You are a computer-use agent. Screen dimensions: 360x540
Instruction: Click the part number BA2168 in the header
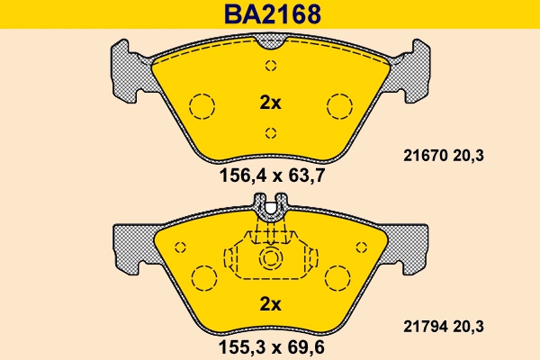click(270, 14)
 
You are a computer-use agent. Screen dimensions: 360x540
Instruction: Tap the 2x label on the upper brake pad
click(270, 103)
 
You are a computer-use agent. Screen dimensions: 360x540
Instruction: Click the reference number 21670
click(418, 156)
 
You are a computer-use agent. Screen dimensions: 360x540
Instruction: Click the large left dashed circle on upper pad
click(202, 106)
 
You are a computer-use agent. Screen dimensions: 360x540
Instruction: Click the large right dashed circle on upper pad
click(340, 106)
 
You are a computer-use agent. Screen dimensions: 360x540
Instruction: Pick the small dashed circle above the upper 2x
click(271, 65)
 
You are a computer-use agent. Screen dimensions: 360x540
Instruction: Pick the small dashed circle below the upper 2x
click(271, 133)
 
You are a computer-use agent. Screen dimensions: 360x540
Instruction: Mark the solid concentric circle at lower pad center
click(271, 260)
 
